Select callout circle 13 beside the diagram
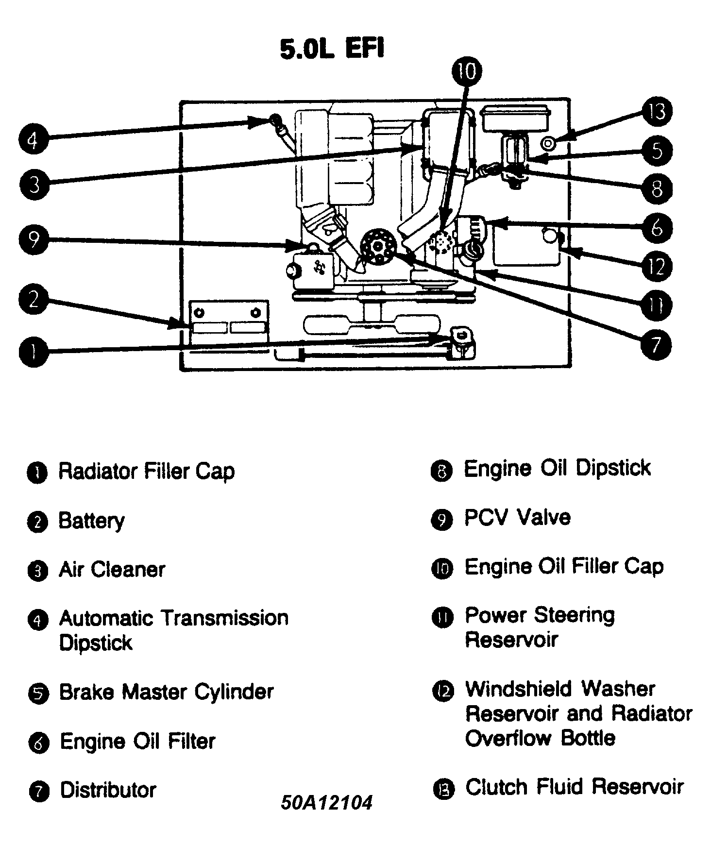657,112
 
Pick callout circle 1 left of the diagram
34,352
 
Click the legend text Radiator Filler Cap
146,471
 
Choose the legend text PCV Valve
517,518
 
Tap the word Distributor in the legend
108,790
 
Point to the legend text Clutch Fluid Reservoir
574,787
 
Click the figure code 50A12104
326,802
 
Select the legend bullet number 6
39,744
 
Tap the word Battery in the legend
91,521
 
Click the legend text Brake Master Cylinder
166,692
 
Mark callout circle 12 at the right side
657,267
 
